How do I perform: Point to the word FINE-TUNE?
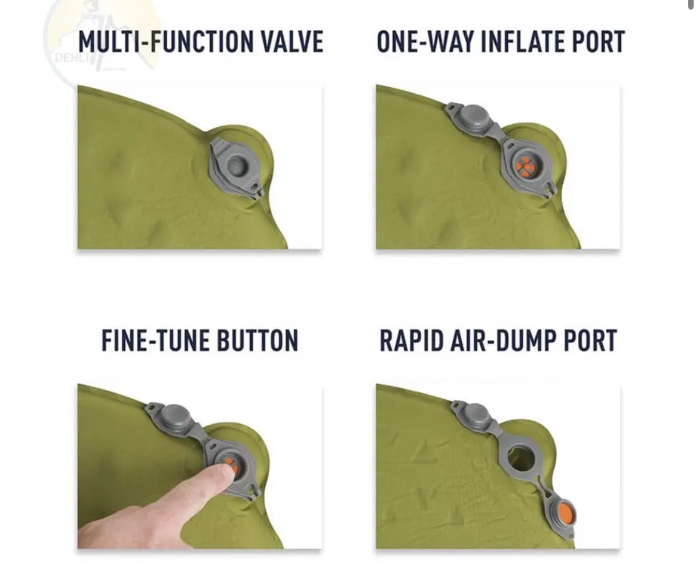tap(155, 341)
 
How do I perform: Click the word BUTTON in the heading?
tap(257, 341)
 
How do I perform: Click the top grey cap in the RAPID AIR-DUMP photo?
tap(473, 415)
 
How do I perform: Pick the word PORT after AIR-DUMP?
tap(590, 341)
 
